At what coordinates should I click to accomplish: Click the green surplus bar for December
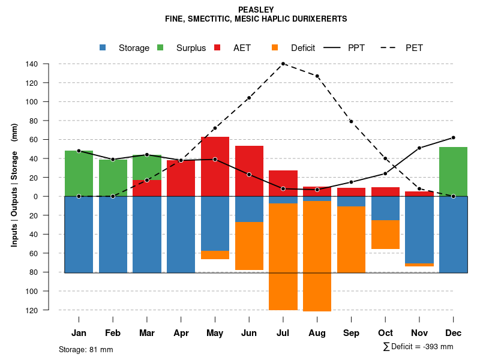click(453, 172)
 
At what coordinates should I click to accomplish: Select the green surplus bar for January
click(79, 173)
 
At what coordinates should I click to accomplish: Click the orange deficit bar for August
click(317, 256)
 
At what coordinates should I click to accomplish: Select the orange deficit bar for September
click(351, 239)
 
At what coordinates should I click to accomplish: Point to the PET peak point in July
click(283, 64)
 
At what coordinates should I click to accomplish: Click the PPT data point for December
click(453, 137)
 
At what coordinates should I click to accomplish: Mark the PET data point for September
click(351, 122)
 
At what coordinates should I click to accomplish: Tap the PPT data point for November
click(419, 148)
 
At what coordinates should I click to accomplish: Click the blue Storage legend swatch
click(103, 48)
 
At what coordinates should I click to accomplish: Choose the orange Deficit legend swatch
click(275, 48)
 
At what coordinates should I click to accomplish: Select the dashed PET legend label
click(414, 48)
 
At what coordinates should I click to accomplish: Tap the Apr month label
click(181, 333)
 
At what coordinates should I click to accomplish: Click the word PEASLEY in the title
click(256, 10)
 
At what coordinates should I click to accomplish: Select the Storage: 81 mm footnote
click(86, 349)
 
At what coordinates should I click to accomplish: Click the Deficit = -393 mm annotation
click(418, 347)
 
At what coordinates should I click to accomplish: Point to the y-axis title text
click(14, 185)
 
